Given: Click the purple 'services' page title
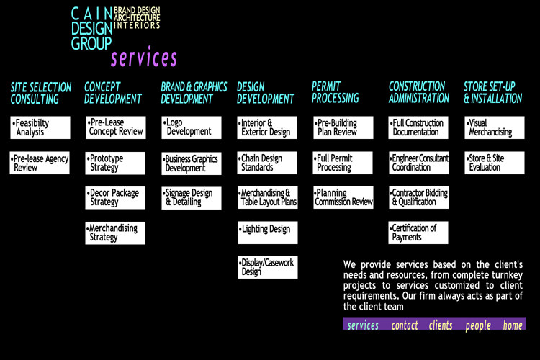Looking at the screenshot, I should (x=144, y=58).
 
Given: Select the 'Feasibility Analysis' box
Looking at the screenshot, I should (x=40, y=127).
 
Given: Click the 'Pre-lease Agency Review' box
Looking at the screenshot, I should (x=40, y=163).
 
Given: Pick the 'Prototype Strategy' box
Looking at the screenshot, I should (x=115, y=163).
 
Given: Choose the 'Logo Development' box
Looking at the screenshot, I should (x=192, y=127).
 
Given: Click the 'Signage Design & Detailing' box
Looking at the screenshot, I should (x=192, y=198).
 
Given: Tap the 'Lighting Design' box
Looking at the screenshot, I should (x=267, y=230).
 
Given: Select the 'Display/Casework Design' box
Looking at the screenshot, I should (x=267, y=267).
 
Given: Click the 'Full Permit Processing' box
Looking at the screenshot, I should (x=343, y=163).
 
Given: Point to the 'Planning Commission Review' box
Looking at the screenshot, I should (x=343, y=198).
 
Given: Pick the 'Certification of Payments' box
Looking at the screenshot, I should (x=418, y=233).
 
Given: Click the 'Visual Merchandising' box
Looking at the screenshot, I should (x=493, y=127).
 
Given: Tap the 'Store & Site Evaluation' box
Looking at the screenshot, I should (x=493, y=163).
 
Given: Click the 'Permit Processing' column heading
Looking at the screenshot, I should (x=335, y=92).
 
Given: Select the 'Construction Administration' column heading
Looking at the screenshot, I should (x=418, y=92).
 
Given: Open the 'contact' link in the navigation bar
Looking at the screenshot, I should (x=405, y=325).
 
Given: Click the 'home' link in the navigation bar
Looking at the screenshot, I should (x=513, y=325).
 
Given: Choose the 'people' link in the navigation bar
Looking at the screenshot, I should (x=478, y=325).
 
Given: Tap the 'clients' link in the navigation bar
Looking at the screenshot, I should (x=441, y=325).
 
